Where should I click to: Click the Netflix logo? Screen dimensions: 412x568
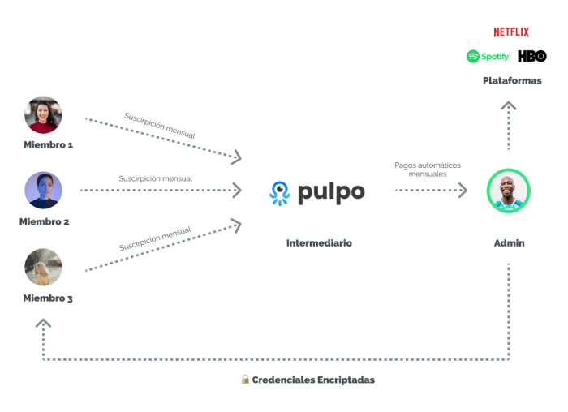pos(510,32)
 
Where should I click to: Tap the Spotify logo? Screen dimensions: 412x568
pos(488,57)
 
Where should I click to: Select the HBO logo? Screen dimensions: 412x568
pos(532,57)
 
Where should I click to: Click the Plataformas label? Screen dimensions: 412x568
pos(511,81)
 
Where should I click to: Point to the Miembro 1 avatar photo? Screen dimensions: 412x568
pos(43,115)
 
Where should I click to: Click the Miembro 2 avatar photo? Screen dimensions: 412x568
pos(43,191)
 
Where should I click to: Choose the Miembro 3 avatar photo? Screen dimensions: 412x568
pos(43,267)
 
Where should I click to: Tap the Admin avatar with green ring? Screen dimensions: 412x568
pos(508,191)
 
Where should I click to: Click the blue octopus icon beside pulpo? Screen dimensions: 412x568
pos(279,193)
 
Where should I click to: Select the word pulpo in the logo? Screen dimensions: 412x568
pos(330,193)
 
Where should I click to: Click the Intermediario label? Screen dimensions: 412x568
pos(319,243)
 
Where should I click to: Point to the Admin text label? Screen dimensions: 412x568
pos(509,243)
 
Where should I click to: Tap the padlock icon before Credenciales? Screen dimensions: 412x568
pos(244,379)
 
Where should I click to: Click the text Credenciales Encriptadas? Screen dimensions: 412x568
pos(313,380)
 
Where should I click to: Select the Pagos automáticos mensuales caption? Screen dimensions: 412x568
pos(428,170)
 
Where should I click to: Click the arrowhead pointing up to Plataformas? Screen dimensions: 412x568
pos(508,105)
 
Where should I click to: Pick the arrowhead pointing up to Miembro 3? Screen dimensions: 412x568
pos(43,323)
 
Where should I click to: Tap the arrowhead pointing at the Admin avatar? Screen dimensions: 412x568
pos(463,191)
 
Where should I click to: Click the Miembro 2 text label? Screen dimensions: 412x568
pos(44,221)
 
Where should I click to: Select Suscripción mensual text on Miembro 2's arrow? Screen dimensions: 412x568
pos(155,178)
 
